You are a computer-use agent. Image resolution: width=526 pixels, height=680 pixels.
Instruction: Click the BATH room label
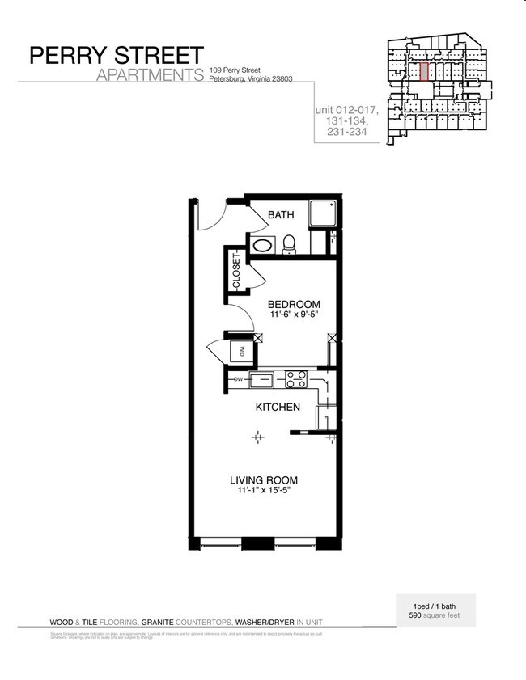(281, 215)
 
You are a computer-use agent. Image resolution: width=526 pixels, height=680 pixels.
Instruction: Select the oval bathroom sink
(263, 245)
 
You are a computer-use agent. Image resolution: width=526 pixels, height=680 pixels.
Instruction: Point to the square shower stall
(322, 213)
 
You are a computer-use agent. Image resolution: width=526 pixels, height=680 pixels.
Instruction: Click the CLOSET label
(236, 272)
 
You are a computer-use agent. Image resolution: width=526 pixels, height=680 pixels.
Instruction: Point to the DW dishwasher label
(239, 378)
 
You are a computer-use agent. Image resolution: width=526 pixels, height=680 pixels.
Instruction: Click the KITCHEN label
(278, 407)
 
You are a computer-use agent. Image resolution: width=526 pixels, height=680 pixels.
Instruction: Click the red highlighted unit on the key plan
(422, 71)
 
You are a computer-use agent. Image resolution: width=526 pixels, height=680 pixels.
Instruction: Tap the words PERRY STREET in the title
(117, 55)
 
